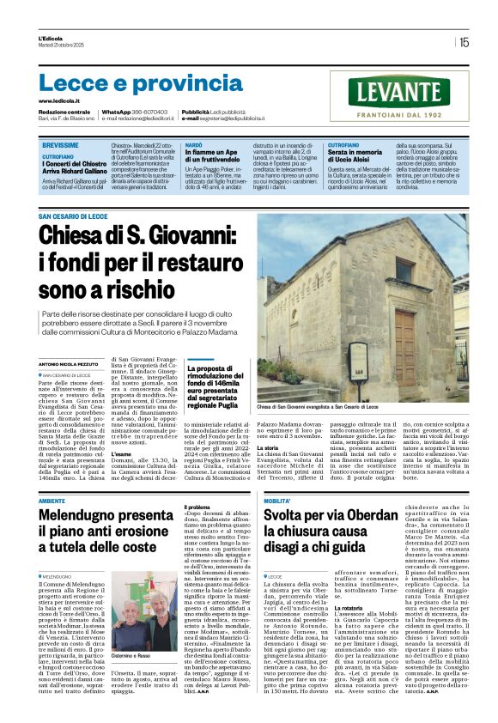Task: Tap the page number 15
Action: (464, 41)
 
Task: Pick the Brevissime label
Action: (59, 147)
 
